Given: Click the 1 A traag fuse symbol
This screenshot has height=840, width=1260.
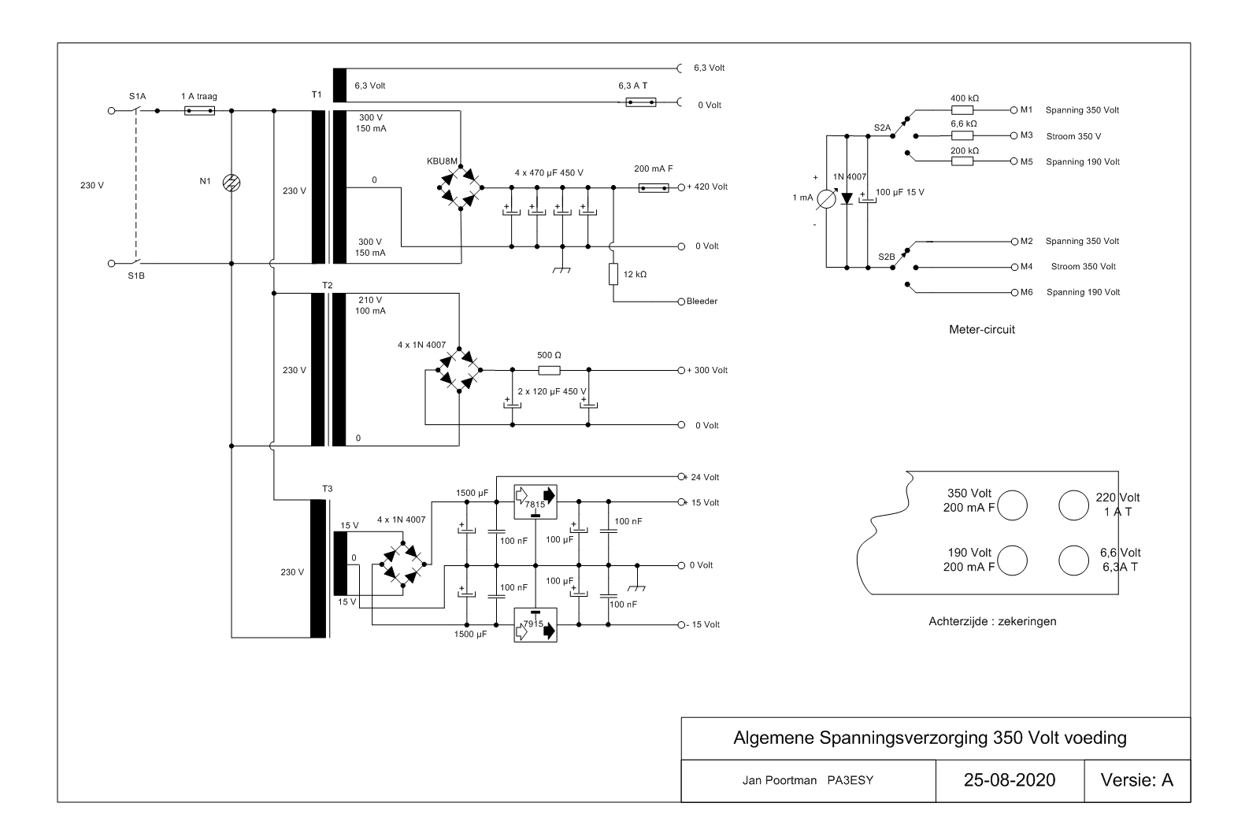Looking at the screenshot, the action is coord(200,111).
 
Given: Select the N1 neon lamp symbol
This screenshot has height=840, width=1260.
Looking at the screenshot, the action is coord(232,183).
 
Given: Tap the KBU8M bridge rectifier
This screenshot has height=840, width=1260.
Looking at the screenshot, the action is coord(461,187).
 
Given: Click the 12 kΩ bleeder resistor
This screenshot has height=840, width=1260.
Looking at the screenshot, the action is coord(613,274).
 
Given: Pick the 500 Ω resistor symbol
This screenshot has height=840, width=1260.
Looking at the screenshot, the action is coord(550,371).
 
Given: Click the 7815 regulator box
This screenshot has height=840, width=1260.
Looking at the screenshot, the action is coord(535,501).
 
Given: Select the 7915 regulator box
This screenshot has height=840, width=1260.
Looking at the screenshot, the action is coord(535,624).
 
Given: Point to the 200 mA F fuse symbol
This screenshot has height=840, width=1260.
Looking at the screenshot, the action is coord(654,187).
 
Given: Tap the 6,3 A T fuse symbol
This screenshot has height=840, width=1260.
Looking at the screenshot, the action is coord(641,102).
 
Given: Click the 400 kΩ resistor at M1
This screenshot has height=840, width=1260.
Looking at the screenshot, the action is coord(962,110).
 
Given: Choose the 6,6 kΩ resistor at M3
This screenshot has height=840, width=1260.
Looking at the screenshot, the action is coord(962,135).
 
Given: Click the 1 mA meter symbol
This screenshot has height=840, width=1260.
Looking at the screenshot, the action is coord(826,200).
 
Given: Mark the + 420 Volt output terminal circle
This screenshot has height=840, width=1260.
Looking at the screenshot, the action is coord(682,187).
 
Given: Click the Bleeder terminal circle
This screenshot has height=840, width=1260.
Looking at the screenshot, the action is coord(682,302).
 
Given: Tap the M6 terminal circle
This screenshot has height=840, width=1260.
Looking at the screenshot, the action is coord(1014,292).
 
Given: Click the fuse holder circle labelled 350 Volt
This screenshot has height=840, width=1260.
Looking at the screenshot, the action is coord(1012,505).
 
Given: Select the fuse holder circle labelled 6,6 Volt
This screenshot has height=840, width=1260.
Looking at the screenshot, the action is coord(1074,560).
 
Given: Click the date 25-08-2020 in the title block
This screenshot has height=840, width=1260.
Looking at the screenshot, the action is coord(1010,780).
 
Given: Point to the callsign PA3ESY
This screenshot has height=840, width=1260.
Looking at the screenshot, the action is coord(850,780).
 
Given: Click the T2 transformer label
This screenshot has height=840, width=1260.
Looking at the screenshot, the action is coord(328,286).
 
